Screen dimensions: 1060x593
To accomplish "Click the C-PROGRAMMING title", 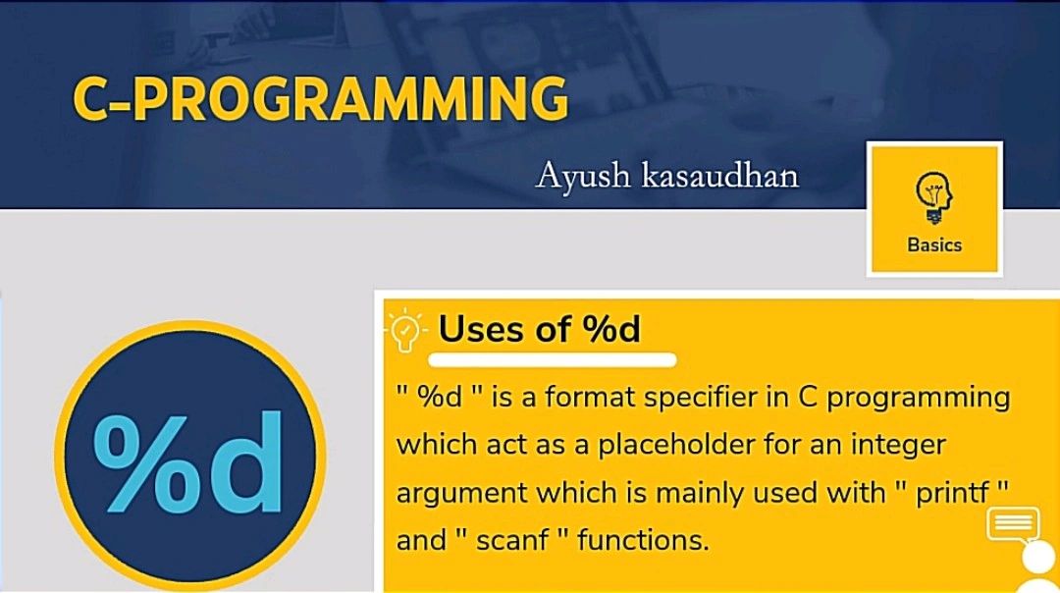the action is click(x=320, y=99).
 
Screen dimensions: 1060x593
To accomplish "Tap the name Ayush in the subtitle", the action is click(x=583, y=177).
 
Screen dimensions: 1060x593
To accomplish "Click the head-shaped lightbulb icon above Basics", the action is click(x=934, y=196).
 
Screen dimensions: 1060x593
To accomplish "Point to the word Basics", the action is click(x=934, y=244).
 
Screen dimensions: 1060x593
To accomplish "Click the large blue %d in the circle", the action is click(x=187, y=462).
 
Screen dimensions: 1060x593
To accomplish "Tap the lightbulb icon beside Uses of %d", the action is click(x=404, y=330).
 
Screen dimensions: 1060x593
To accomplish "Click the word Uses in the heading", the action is click(x=481, y=329).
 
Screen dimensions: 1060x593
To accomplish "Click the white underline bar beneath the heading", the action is click(x=553, y=359).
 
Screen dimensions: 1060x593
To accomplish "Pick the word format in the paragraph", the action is click(x=590, y=397).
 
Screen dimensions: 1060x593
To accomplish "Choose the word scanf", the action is click(x=512, y=540).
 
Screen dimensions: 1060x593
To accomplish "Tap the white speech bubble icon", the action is click(x=1013, y=525).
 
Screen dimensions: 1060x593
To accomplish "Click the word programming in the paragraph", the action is click(x=919, y=399).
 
